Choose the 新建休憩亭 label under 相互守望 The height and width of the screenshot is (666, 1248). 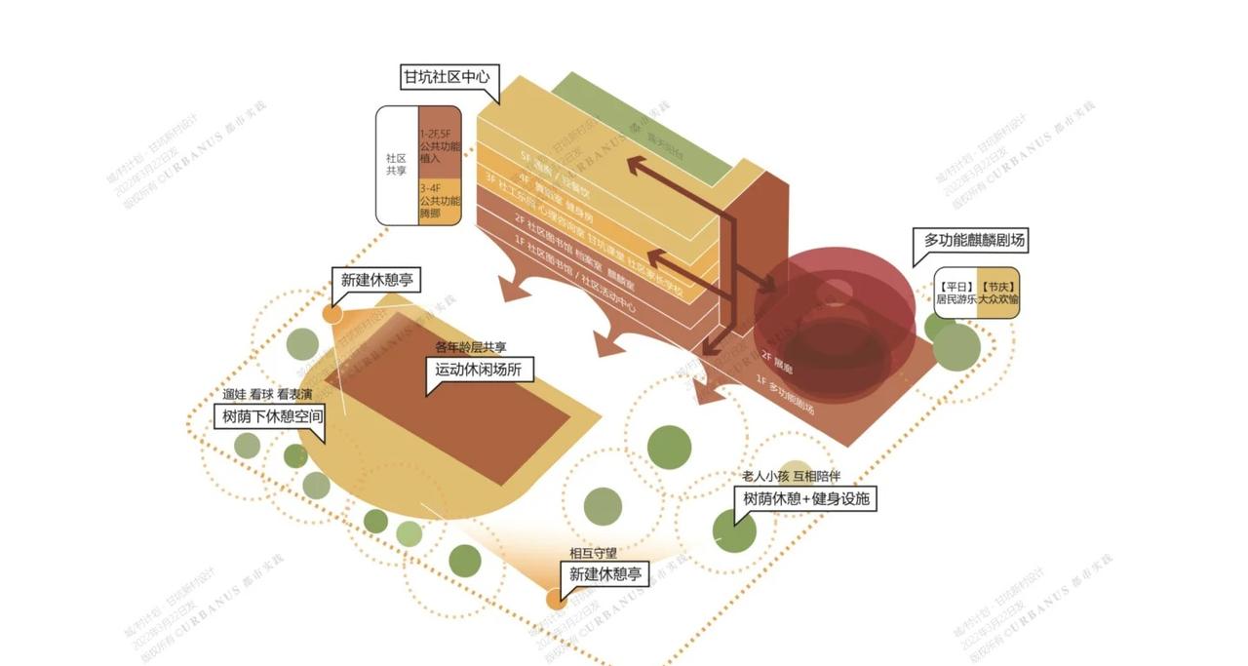tap(608, 573)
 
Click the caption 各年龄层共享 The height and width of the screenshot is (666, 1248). tap(471, 347)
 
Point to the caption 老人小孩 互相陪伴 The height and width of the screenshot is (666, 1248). tap(791, 477)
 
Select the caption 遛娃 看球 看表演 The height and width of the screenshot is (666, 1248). tap(267, 394)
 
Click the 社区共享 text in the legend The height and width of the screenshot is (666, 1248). tap(396, 164)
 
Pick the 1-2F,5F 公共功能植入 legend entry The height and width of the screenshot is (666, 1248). tap(439, 144)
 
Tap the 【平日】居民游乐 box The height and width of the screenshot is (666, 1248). tap(956, 293)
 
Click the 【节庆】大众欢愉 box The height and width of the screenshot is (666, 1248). tap(998, 293)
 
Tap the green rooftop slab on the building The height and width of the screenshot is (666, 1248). tap(643, 132)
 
